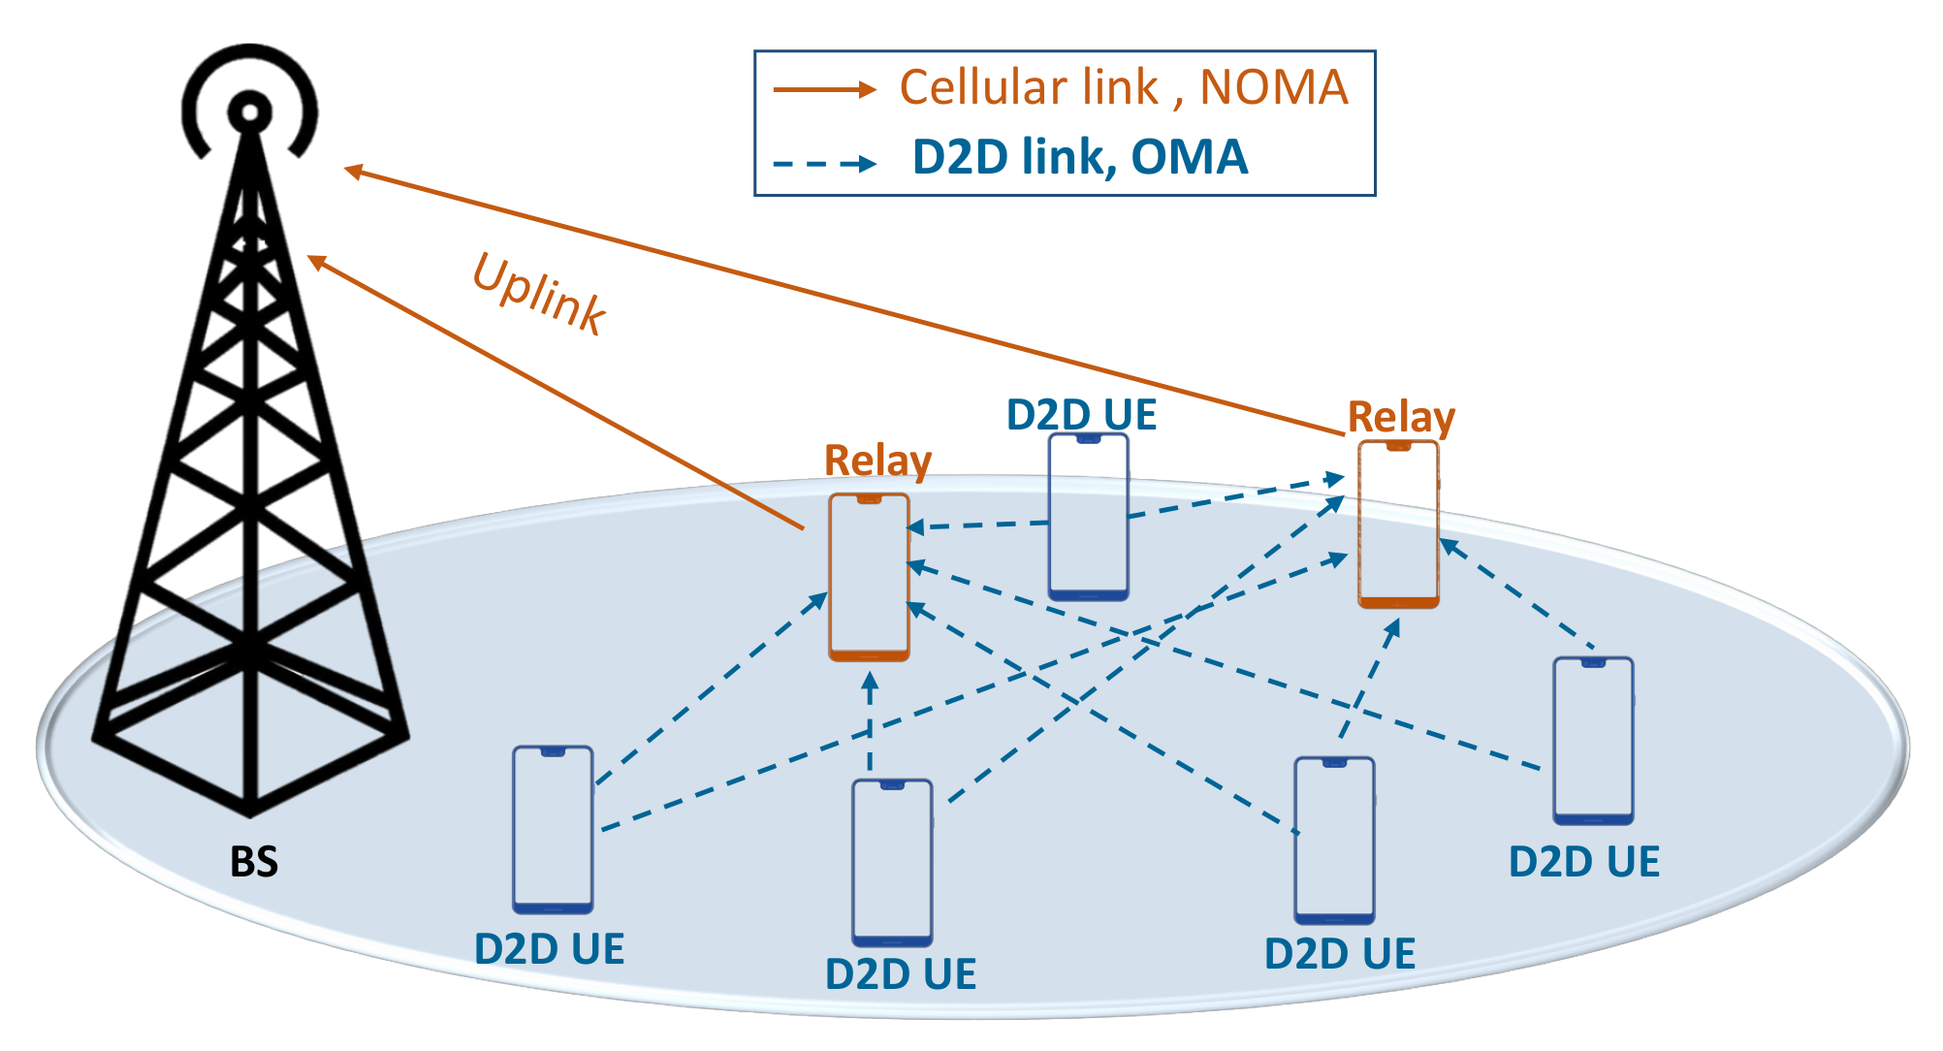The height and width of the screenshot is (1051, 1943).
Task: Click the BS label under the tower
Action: (x=254, y=861)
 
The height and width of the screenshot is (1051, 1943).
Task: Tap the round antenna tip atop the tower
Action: (x=250, y=112)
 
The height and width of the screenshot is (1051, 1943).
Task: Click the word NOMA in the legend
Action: (x=1274, y=87)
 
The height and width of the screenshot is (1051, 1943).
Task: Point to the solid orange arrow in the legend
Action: (x=824, y=90)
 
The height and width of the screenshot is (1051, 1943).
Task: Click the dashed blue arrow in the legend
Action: (x=824, y=163)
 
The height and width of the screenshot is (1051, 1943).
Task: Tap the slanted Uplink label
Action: (x=539, y=294)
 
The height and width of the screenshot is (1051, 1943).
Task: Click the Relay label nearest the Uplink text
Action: (x=877, y=461)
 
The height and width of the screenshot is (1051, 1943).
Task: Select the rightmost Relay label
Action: (x=1401, y=417)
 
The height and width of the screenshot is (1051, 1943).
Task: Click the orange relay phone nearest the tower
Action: (x=869, y=578)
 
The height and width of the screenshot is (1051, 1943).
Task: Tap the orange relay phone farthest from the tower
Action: (x=1398, y=525)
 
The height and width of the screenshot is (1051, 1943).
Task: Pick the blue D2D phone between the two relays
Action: (x=1089, y=517)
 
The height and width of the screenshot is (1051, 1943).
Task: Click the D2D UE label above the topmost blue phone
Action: (x=1081, y=415)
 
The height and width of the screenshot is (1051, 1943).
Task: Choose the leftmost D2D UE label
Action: (x=549, y=949)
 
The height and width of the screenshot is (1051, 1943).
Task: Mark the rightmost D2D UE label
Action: (x=1584, y=862)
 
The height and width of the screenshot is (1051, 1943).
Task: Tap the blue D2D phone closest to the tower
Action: (x=553, y=830)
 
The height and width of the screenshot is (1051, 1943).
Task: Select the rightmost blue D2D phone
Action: (x=1593, y=741)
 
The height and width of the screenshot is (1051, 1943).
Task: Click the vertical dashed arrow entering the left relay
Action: (x=870, y=722)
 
